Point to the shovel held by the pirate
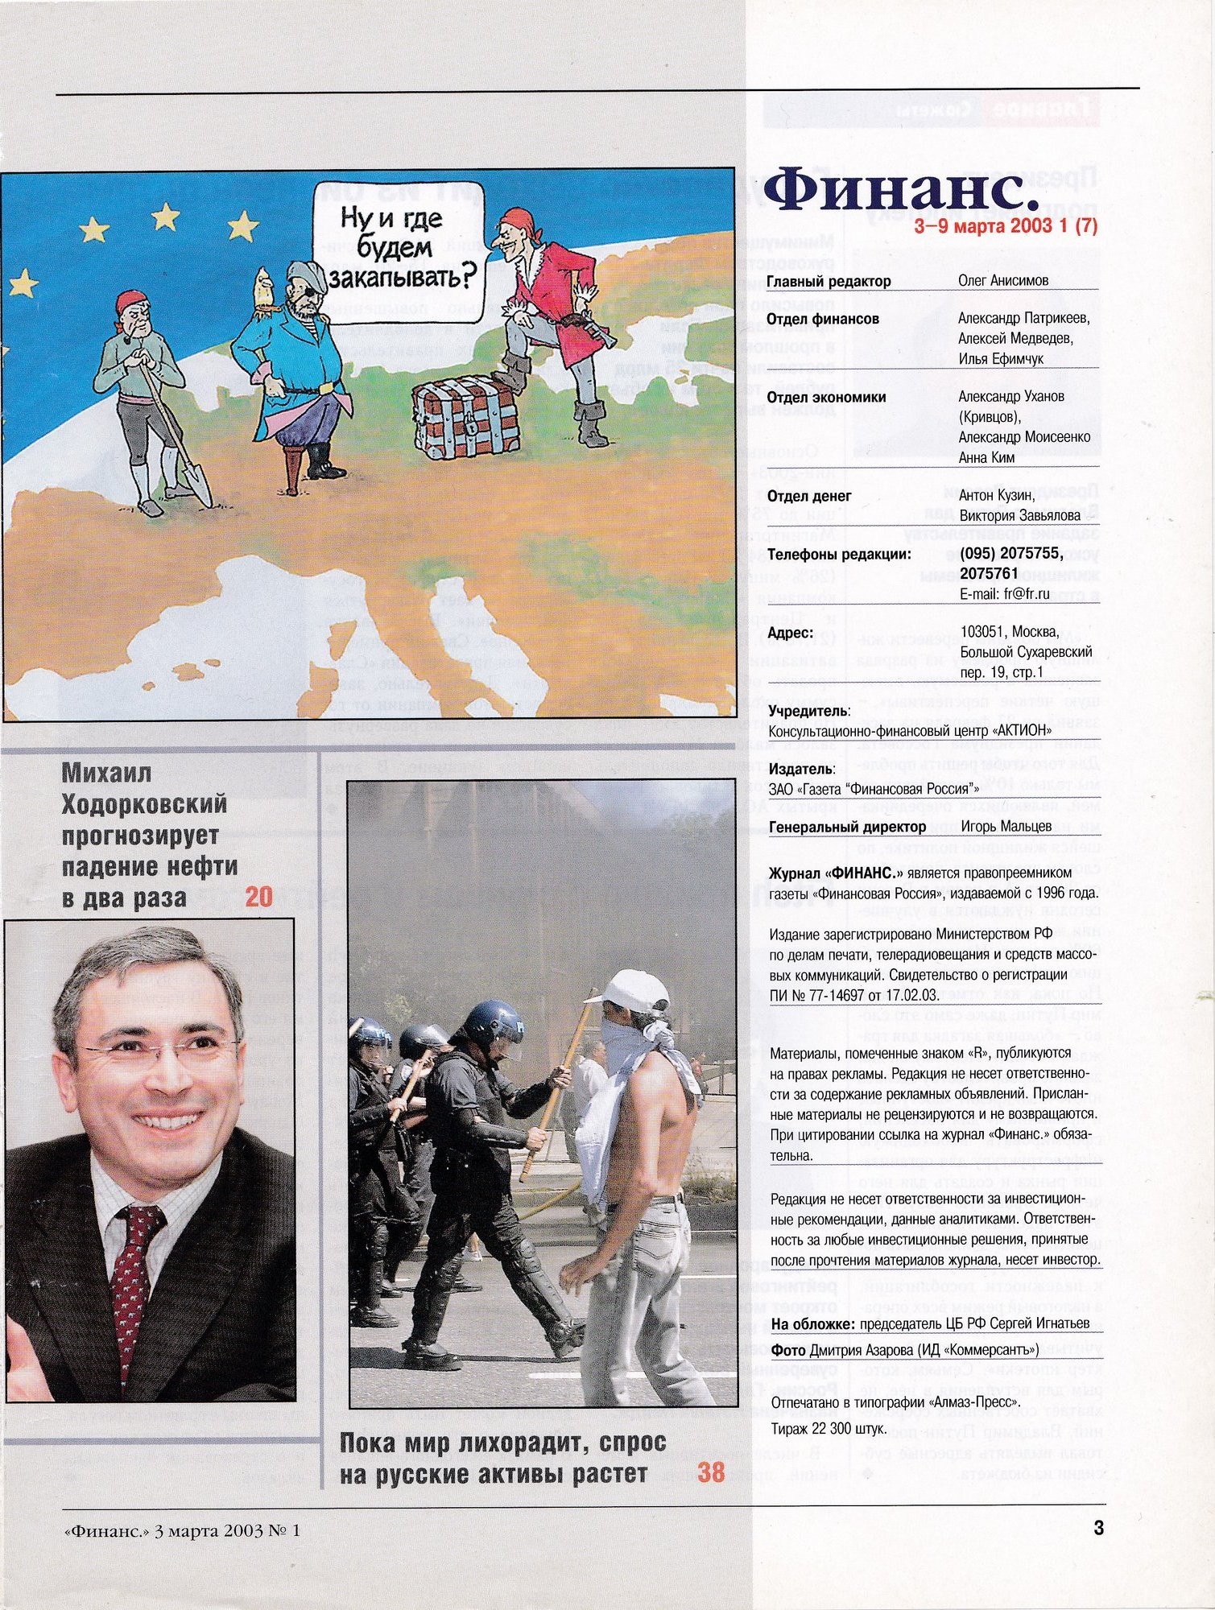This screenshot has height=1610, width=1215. point(176,435)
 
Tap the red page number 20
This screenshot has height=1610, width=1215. point(258,897)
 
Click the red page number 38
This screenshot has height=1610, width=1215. point(711,1472)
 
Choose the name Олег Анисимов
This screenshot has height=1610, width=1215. point(1003,281)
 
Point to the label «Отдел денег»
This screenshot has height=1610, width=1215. point(808,497)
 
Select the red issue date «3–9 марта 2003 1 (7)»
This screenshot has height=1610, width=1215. point(1006,226)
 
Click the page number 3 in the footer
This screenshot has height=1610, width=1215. point(1098,1527)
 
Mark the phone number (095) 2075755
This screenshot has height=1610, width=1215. point(1010,554)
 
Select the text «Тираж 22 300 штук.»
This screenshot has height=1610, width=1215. point(829,1429)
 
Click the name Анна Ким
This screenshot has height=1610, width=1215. point(986,457)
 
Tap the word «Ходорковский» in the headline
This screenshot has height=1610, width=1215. point(144,804)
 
